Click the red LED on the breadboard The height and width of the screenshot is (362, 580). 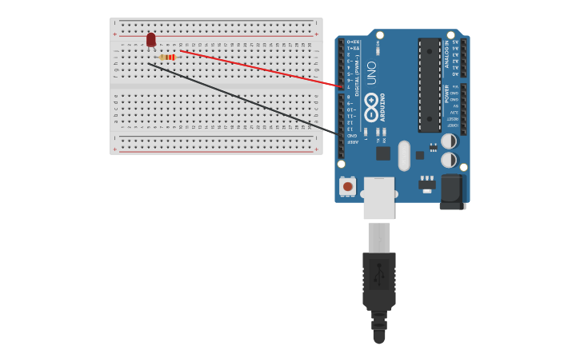pos(151,39)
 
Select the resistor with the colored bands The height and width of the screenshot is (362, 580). pos(167,58)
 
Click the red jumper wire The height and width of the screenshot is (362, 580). pos(264,69)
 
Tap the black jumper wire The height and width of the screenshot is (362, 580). pos(240,97)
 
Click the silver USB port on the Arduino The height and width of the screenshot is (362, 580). pos(378,197)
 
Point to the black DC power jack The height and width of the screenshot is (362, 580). pos(452,192)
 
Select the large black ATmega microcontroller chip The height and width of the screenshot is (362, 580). pos(429,85)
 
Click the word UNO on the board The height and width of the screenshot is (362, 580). pos(371,73)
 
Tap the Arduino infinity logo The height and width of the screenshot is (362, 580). pos(371,101)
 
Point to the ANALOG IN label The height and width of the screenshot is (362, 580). pos(446,55)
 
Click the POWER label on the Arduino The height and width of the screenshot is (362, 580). pos(446,93)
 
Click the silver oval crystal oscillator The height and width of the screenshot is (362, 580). pos(404,155)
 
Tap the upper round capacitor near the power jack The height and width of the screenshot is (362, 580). pos(449,141)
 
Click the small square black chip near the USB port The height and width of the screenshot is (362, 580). pos(383,153)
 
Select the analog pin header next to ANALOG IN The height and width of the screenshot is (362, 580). pos(462,58)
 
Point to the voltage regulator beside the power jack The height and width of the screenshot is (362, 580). pos(427,185)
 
